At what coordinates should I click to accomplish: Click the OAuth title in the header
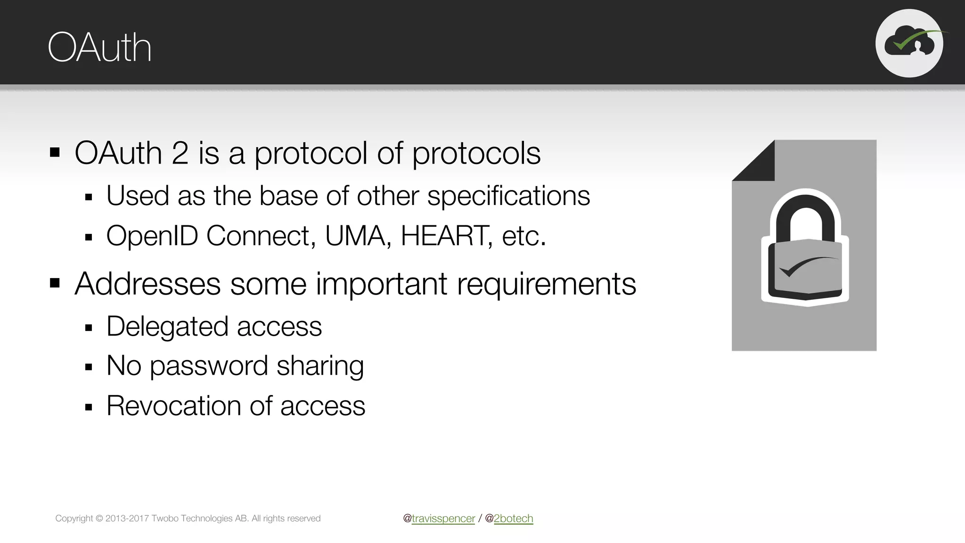click(99, 48)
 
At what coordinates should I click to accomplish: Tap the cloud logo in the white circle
click(909, 43)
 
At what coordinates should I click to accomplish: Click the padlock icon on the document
click(805, 247)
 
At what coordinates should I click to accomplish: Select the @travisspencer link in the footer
click(443, 518)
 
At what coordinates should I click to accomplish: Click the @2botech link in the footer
click(513, 518)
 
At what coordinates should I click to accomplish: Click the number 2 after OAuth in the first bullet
click(180, 153)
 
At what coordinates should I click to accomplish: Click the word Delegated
click(168, 327)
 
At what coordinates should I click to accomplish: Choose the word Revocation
click(174, 406)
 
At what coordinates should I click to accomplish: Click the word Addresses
click(147, 284)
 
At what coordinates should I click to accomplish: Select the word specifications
click(508, 196)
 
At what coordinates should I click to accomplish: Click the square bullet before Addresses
click(55, 283)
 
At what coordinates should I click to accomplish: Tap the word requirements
click(547, 285)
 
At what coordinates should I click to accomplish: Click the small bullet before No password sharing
click(89, 367)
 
